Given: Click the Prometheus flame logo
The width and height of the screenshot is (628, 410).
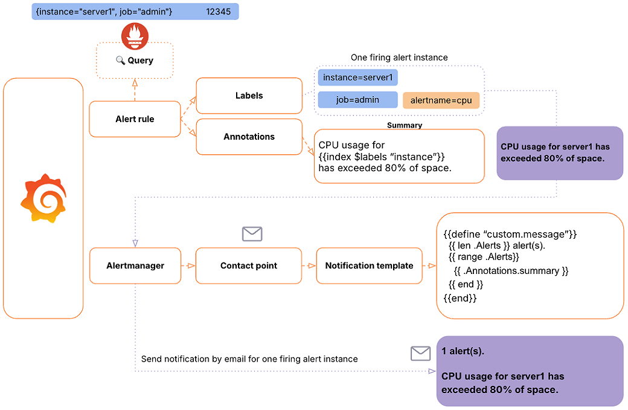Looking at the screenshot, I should click(135, 36).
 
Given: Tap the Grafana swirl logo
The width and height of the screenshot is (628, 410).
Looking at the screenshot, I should click(42, 198).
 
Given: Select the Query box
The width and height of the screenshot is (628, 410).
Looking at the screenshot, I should click(135, 60).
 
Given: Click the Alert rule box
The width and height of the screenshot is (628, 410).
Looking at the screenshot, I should click(135, 119).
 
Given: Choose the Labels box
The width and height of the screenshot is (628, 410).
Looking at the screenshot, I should click(249, 96).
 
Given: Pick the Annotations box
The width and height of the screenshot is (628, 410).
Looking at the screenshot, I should click(249, 137).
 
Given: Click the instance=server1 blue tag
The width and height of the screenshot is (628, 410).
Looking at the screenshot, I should click(357, 78).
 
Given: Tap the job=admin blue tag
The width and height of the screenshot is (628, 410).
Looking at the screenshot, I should click(357, 100).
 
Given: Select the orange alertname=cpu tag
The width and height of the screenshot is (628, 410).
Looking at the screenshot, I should click(441, 100).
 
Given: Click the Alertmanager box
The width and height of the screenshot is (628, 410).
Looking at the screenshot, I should click(135, 265).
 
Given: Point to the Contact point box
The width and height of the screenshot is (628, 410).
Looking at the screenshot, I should click(249, 265).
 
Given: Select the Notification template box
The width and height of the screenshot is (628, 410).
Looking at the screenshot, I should click(369, 265).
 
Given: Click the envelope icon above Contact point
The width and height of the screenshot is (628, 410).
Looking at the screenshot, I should click(252, 234).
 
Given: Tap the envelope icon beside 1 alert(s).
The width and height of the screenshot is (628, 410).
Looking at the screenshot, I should click(420, 353).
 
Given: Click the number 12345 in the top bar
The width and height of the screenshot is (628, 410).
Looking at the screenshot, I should click(218, 11).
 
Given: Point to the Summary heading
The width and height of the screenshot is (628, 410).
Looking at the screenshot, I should click(404, 125).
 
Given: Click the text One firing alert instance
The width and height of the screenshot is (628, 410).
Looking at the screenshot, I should click(399, 57).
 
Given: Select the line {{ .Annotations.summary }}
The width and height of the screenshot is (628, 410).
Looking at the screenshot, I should click(511, 271).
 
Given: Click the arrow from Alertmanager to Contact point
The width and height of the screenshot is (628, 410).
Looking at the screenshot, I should click(188, 265).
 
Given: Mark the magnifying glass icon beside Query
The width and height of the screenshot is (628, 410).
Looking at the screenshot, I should click(120, 60).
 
